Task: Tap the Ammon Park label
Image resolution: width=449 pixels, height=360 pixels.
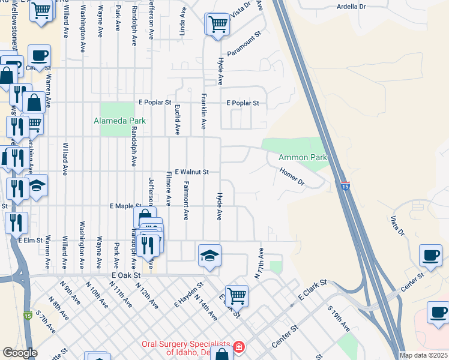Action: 303,158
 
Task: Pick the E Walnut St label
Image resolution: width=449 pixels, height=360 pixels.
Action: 191,172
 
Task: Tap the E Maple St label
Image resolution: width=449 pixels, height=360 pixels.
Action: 125,206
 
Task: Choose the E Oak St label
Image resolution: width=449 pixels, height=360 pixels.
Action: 125,275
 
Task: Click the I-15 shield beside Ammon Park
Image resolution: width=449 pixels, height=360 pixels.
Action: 345,187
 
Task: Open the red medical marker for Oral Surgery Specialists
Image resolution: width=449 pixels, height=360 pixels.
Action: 239,347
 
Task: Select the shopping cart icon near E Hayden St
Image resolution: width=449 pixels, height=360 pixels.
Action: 237,295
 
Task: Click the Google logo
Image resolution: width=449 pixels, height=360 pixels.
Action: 20,353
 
